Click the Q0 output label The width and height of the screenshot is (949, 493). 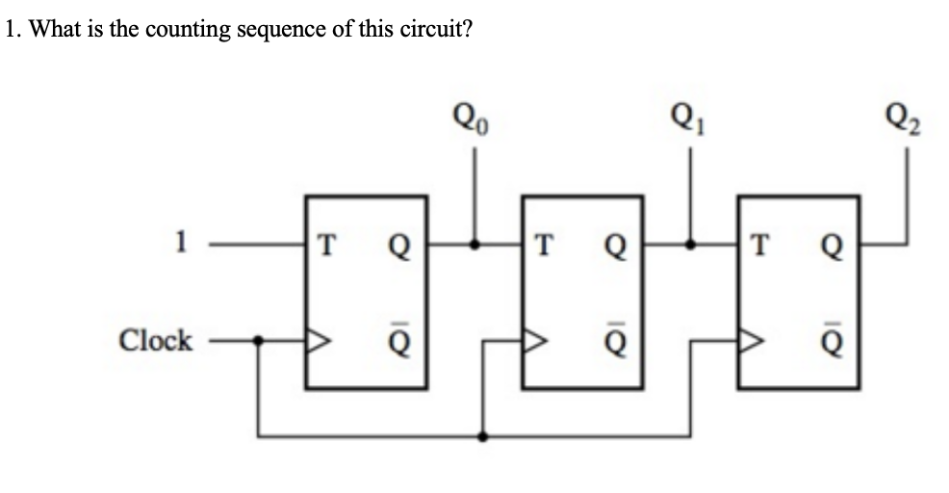click(471, 126)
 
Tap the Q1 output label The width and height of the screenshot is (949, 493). click(689, 126)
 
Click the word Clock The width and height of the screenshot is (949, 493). click(155, 340)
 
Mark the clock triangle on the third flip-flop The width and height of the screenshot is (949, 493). click(750, 340)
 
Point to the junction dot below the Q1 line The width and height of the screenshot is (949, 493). click(689, 245)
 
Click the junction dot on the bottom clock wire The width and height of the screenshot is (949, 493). click(482, 436)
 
